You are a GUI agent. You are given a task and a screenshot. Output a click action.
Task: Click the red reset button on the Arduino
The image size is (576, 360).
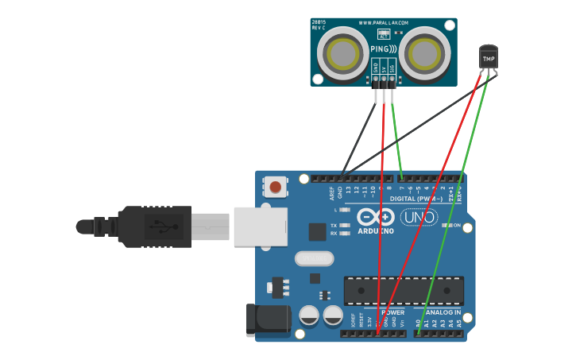coord(275,188)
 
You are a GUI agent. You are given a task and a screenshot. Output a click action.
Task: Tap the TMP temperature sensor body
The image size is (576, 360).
coord(488,57)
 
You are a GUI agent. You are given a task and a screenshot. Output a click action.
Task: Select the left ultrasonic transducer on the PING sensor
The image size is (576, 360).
coord(342,53)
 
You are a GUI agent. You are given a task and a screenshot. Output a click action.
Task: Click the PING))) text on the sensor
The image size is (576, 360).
coord(383,49)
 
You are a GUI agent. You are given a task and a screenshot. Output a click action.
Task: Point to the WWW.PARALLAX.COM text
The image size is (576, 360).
coord(383,22)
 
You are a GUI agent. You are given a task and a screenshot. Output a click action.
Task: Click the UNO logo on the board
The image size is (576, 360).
coord(419,217)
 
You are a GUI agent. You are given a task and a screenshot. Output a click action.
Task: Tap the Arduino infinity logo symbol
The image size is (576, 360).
coord(376,216)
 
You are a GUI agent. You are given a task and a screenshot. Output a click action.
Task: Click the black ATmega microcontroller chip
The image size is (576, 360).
coord(404,290)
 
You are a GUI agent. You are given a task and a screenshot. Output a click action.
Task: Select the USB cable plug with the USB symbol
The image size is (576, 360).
coord(155,226)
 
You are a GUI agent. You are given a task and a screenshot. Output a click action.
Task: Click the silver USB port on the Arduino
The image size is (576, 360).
coord(260,226)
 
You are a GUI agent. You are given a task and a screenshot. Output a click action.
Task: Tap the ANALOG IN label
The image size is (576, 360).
coord(443,312)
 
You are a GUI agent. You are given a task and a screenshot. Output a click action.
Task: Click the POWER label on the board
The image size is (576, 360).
coord(392,312)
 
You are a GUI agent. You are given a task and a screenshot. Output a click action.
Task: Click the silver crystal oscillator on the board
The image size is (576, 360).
coord(313,258)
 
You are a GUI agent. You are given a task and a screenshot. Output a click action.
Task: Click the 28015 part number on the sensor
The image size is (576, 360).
coord(319,21)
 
